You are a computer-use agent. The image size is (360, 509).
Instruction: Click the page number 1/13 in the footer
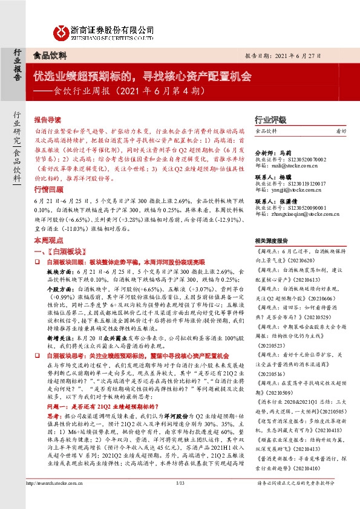[x=180, y=500]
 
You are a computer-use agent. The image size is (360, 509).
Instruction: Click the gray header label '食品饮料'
[x=50, y=54]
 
